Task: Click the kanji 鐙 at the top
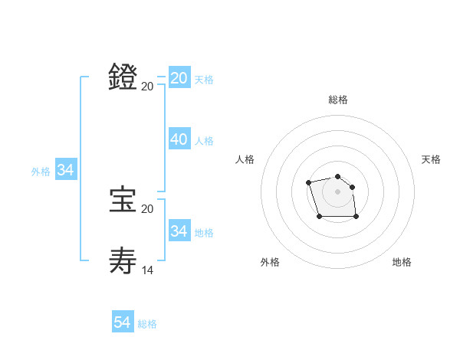[x=123, y=77]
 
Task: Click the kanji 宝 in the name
[x=123, y=200]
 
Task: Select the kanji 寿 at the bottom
[x=123, y=260]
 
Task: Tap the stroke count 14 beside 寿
[x=148, y=270]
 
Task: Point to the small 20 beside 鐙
[x=148, y=86]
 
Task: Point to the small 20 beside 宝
[x=148, y=208]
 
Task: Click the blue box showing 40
[x=179, y=139]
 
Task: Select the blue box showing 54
[x=123, y=322]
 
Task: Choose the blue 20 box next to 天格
[x=179, y=78]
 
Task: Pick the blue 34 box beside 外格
[x=65, y=170]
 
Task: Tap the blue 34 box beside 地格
[x=179, y=231]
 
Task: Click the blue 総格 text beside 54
[x=147, y=324]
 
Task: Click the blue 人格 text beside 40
[x=204, y=141]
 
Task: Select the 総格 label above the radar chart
[x=338, y=100]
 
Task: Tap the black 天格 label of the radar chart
[x=431, y=159]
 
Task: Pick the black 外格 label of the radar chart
[x=270, y=262]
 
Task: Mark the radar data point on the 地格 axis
[x=356, y=217]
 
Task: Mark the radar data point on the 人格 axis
[x=308, y=182]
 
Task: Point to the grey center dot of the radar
[x=338, y=191]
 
